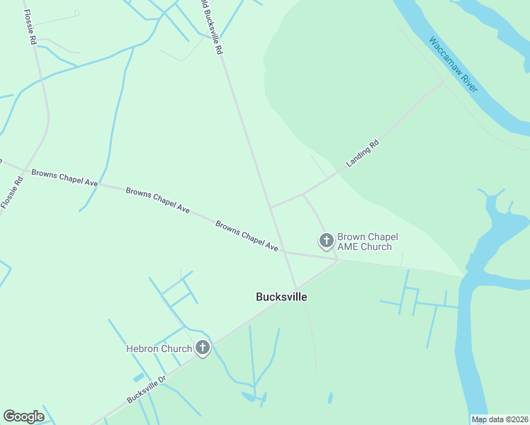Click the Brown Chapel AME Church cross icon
327,242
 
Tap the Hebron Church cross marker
203,348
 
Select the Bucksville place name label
281,297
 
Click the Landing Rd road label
363,154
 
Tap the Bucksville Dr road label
147,389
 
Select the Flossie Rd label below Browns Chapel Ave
11,191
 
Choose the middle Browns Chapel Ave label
158,200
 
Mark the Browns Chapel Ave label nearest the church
247,237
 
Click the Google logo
23,416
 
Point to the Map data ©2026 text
500,419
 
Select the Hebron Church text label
159,348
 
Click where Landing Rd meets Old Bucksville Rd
271,207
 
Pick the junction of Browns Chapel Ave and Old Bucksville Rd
285,251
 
